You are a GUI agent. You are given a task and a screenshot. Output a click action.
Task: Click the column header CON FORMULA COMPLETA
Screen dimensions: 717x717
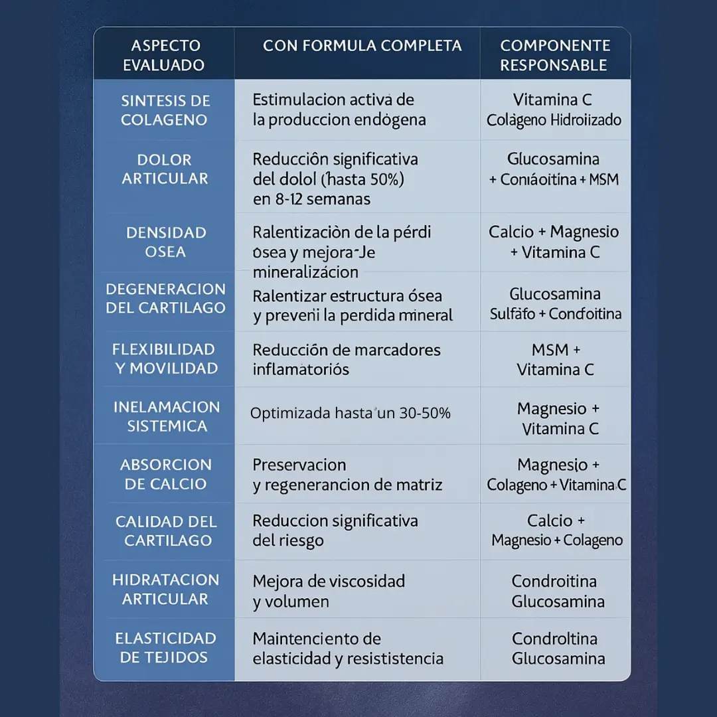pos(362,46)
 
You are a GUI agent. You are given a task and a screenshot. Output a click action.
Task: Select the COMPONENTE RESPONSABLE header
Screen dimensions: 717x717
pos(554,56)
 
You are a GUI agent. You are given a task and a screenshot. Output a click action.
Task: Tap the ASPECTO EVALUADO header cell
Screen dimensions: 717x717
pos(164,56)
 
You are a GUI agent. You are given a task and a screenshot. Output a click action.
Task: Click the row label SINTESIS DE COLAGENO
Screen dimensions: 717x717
pos(165,110)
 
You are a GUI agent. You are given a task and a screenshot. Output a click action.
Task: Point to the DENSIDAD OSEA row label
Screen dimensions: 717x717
pos(166,242)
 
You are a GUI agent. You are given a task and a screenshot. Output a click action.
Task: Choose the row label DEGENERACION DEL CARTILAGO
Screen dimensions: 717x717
pos(165,299)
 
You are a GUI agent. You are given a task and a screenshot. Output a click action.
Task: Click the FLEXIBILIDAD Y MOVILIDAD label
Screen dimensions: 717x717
pos(165,359)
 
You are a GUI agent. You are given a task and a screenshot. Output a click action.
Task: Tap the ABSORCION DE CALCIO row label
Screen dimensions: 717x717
pos(165,474)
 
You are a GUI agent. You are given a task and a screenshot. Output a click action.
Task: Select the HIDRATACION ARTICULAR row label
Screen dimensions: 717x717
pos(165,589)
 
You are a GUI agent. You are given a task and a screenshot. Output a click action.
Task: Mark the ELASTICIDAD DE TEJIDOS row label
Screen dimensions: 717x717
pos(165,648)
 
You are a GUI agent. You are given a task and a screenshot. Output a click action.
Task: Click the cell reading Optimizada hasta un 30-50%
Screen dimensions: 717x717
pos(351,414)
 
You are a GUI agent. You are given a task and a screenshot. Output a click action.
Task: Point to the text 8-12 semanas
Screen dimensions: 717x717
pos(312,199)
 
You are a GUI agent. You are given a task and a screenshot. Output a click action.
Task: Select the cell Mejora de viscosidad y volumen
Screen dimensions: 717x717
pos(329,592)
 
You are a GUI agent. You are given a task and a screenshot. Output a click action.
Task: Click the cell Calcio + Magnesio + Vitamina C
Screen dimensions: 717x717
pos(554,242)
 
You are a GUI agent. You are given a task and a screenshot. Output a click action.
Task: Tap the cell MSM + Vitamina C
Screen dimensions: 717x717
pos(556,359)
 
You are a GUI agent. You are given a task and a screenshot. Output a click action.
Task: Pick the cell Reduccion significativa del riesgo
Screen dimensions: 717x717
pos(335,530)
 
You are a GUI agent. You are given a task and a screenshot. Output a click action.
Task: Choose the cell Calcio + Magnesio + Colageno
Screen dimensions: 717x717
pos(556,530)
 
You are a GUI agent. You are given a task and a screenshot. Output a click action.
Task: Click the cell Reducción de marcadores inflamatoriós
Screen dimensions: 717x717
pos(347,359)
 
